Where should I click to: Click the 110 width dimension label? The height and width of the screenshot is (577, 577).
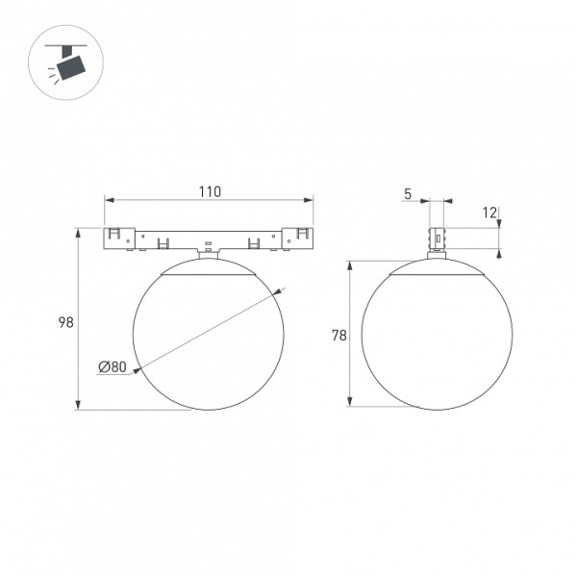(210, 191)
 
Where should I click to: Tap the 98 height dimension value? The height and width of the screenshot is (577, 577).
(66, 322)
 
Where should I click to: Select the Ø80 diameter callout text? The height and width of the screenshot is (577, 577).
(113, 366)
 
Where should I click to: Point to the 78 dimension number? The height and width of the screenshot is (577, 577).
(339, 336)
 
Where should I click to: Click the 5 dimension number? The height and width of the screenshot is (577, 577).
(408, 194)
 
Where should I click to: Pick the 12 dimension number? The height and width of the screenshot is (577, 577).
(489, 213)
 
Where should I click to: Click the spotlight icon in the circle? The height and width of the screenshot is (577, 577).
(66, 63)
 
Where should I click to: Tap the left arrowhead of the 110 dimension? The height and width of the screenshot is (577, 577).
(110, 200)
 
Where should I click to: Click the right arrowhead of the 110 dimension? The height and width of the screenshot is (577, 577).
(308, 200)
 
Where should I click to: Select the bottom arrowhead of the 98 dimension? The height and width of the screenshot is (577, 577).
(78, 405)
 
